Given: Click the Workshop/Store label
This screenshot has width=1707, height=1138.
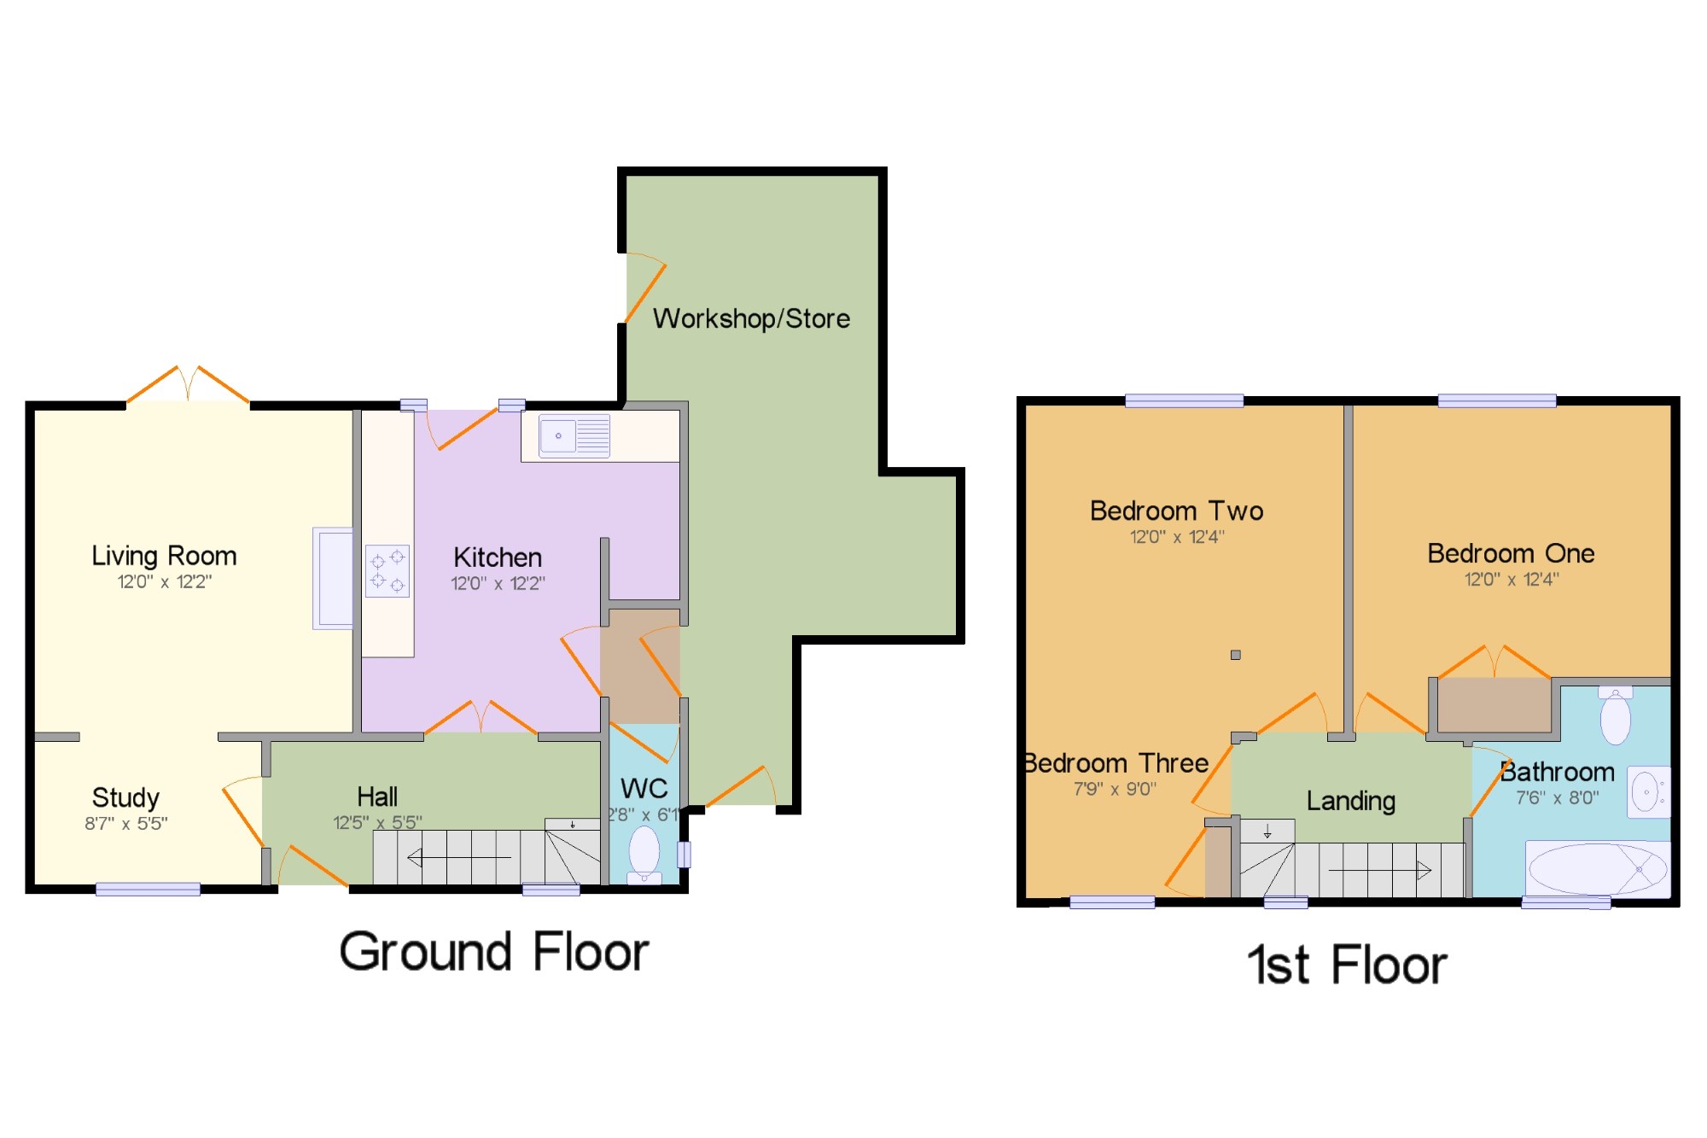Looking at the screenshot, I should tap(751, 318).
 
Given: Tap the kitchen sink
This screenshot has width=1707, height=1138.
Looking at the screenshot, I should tap(574, 436).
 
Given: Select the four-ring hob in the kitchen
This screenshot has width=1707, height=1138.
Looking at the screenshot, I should tap(387, 570).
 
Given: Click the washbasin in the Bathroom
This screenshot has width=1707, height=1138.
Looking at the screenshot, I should tap(1647, 792).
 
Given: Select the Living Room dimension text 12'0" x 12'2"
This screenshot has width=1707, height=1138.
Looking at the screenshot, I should tap(164, 582).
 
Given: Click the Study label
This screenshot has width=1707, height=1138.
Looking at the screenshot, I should tap(125, 797).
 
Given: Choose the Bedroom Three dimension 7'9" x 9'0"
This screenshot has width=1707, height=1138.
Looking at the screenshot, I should tap(1115, 789).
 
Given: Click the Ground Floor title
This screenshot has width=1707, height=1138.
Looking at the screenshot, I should tap(494, 951).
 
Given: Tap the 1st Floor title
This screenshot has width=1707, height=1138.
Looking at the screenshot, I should tap(1347, 965).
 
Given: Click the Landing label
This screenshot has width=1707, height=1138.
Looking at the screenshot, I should tap(1351, 801).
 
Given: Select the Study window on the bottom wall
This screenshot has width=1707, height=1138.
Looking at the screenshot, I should tap(148, 890).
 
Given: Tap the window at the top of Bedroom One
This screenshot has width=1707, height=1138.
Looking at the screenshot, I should tap(1496, 400).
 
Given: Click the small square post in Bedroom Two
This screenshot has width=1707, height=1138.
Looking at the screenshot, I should tap(1235, 655).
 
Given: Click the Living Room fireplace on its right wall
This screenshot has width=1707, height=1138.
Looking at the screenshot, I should tap(333, 578).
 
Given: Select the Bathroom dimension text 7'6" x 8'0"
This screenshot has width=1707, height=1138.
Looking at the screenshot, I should tap(1557, 797).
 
